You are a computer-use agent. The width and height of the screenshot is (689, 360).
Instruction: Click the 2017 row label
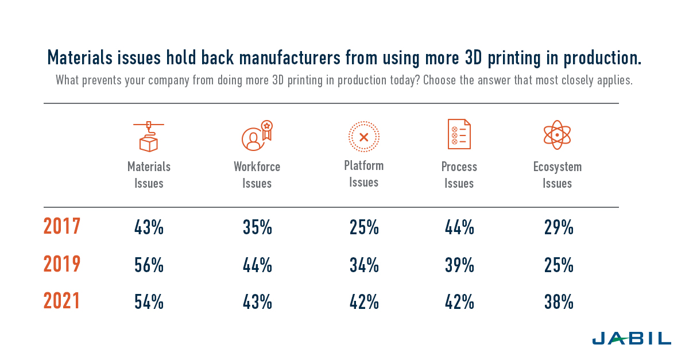62,227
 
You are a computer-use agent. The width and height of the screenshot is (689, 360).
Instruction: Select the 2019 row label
62,265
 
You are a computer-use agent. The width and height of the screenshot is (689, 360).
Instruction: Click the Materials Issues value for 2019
149,265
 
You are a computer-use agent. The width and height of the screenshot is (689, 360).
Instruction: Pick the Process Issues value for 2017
459,228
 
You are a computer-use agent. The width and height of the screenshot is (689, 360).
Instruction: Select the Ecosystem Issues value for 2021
559,303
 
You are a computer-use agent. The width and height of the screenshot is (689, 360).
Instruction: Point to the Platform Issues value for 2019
364,265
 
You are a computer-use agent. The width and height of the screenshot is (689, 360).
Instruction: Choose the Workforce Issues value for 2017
257,228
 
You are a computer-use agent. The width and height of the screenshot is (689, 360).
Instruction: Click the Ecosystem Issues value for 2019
559,265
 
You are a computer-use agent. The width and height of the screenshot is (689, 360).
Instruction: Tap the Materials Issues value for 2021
149,303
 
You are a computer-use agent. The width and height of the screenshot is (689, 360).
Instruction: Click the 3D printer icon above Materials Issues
149,136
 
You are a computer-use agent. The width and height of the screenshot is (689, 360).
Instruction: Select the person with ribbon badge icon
256,136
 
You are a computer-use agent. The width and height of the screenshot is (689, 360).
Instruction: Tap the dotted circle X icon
363,137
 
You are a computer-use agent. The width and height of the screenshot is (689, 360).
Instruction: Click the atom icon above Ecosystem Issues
557,135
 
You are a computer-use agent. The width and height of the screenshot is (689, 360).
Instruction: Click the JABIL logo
631,338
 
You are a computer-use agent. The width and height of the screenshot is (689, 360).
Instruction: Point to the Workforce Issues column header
257,175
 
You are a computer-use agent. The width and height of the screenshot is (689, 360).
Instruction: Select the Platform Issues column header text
363,174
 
